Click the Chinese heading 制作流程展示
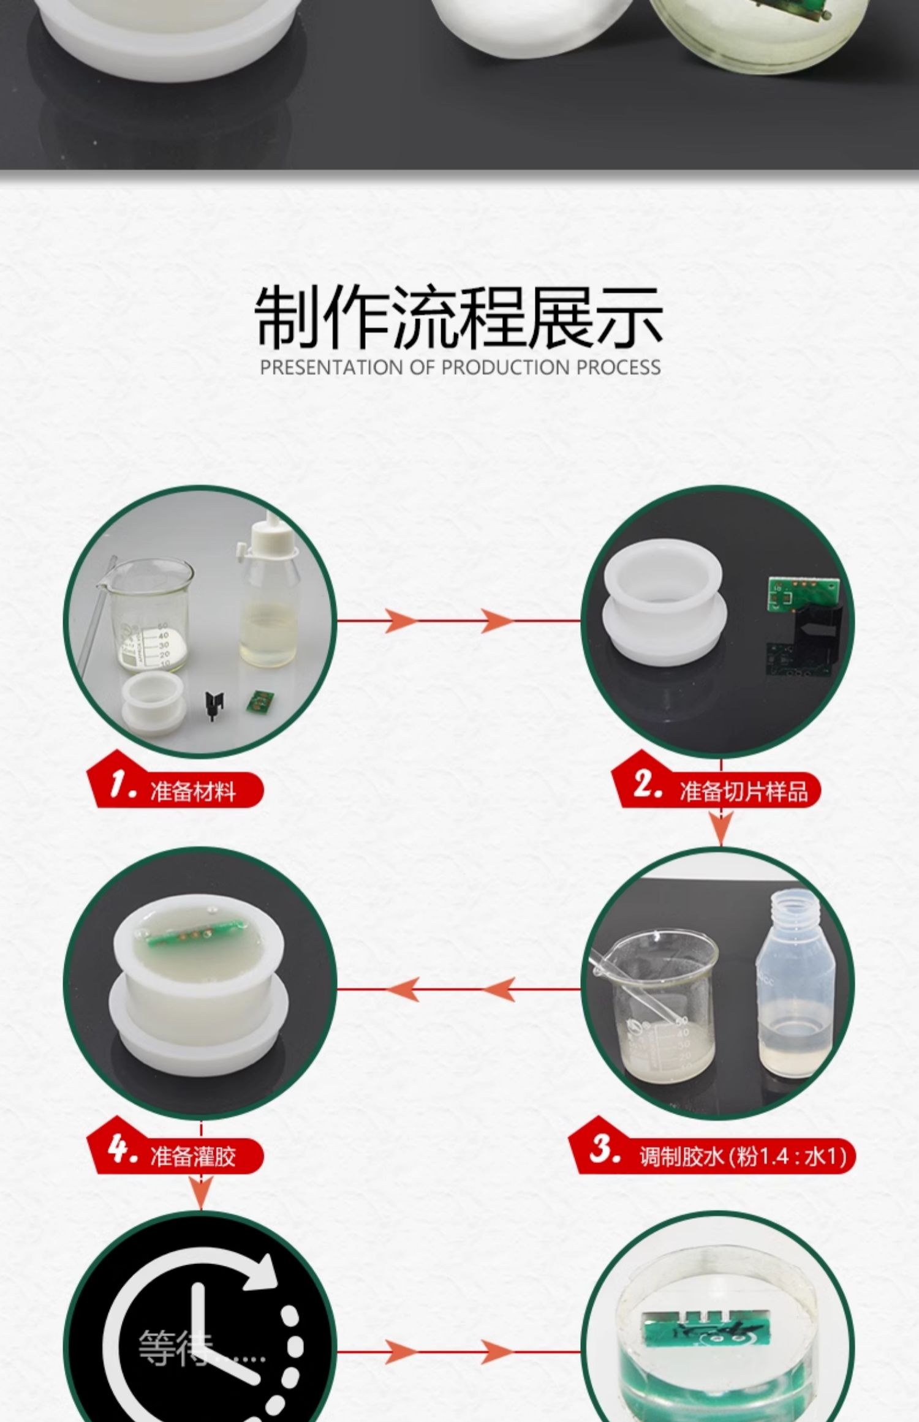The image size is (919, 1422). [458, 318]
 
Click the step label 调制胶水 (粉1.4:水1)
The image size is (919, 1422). [743, 1156]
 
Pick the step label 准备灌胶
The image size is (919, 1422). [193, 1156]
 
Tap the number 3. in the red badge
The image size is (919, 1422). [605, 1149]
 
